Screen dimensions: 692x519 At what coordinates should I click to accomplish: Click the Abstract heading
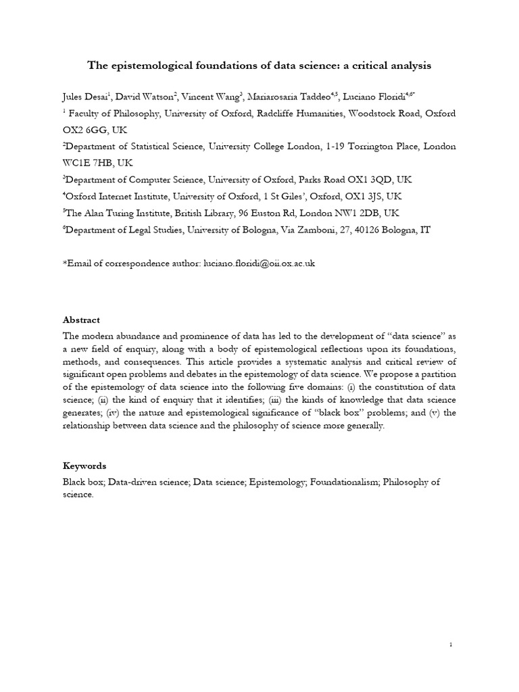pos(81,320)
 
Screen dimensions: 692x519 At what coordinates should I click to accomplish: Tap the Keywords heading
pos(84,466)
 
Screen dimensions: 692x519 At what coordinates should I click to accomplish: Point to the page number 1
pos(451,645)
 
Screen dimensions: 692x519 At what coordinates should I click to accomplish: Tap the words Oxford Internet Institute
pos(118,196)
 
